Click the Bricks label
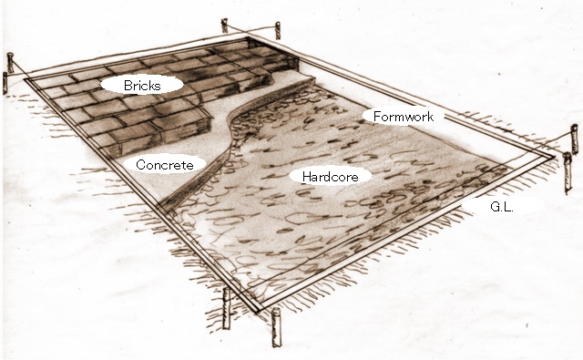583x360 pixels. [142, 86]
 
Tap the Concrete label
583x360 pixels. [165, 165]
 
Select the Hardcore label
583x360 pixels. [330, 176]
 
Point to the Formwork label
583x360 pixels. [403, 117]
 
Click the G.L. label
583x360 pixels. [502, 207]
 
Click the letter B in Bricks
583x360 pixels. [128, 86]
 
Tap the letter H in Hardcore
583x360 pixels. [306, 176]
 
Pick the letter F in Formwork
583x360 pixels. [376, 117]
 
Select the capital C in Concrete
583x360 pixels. [141, 165]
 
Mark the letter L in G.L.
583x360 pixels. [507, 207]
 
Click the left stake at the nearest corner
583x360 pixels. [226, 308]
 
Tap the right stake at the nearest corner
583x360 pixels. [276, 327]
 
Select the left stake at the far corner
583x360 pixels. [224, 26]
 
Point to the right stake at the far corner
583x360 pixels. [277, 30]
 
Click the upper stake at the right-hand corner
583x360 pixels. [575, 139]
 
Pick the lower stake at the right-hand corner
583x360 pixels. [567, 172]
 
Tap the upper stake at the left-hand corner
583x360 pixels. [10, 63]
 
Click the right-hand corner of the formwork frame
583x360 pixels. [553, 157]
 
